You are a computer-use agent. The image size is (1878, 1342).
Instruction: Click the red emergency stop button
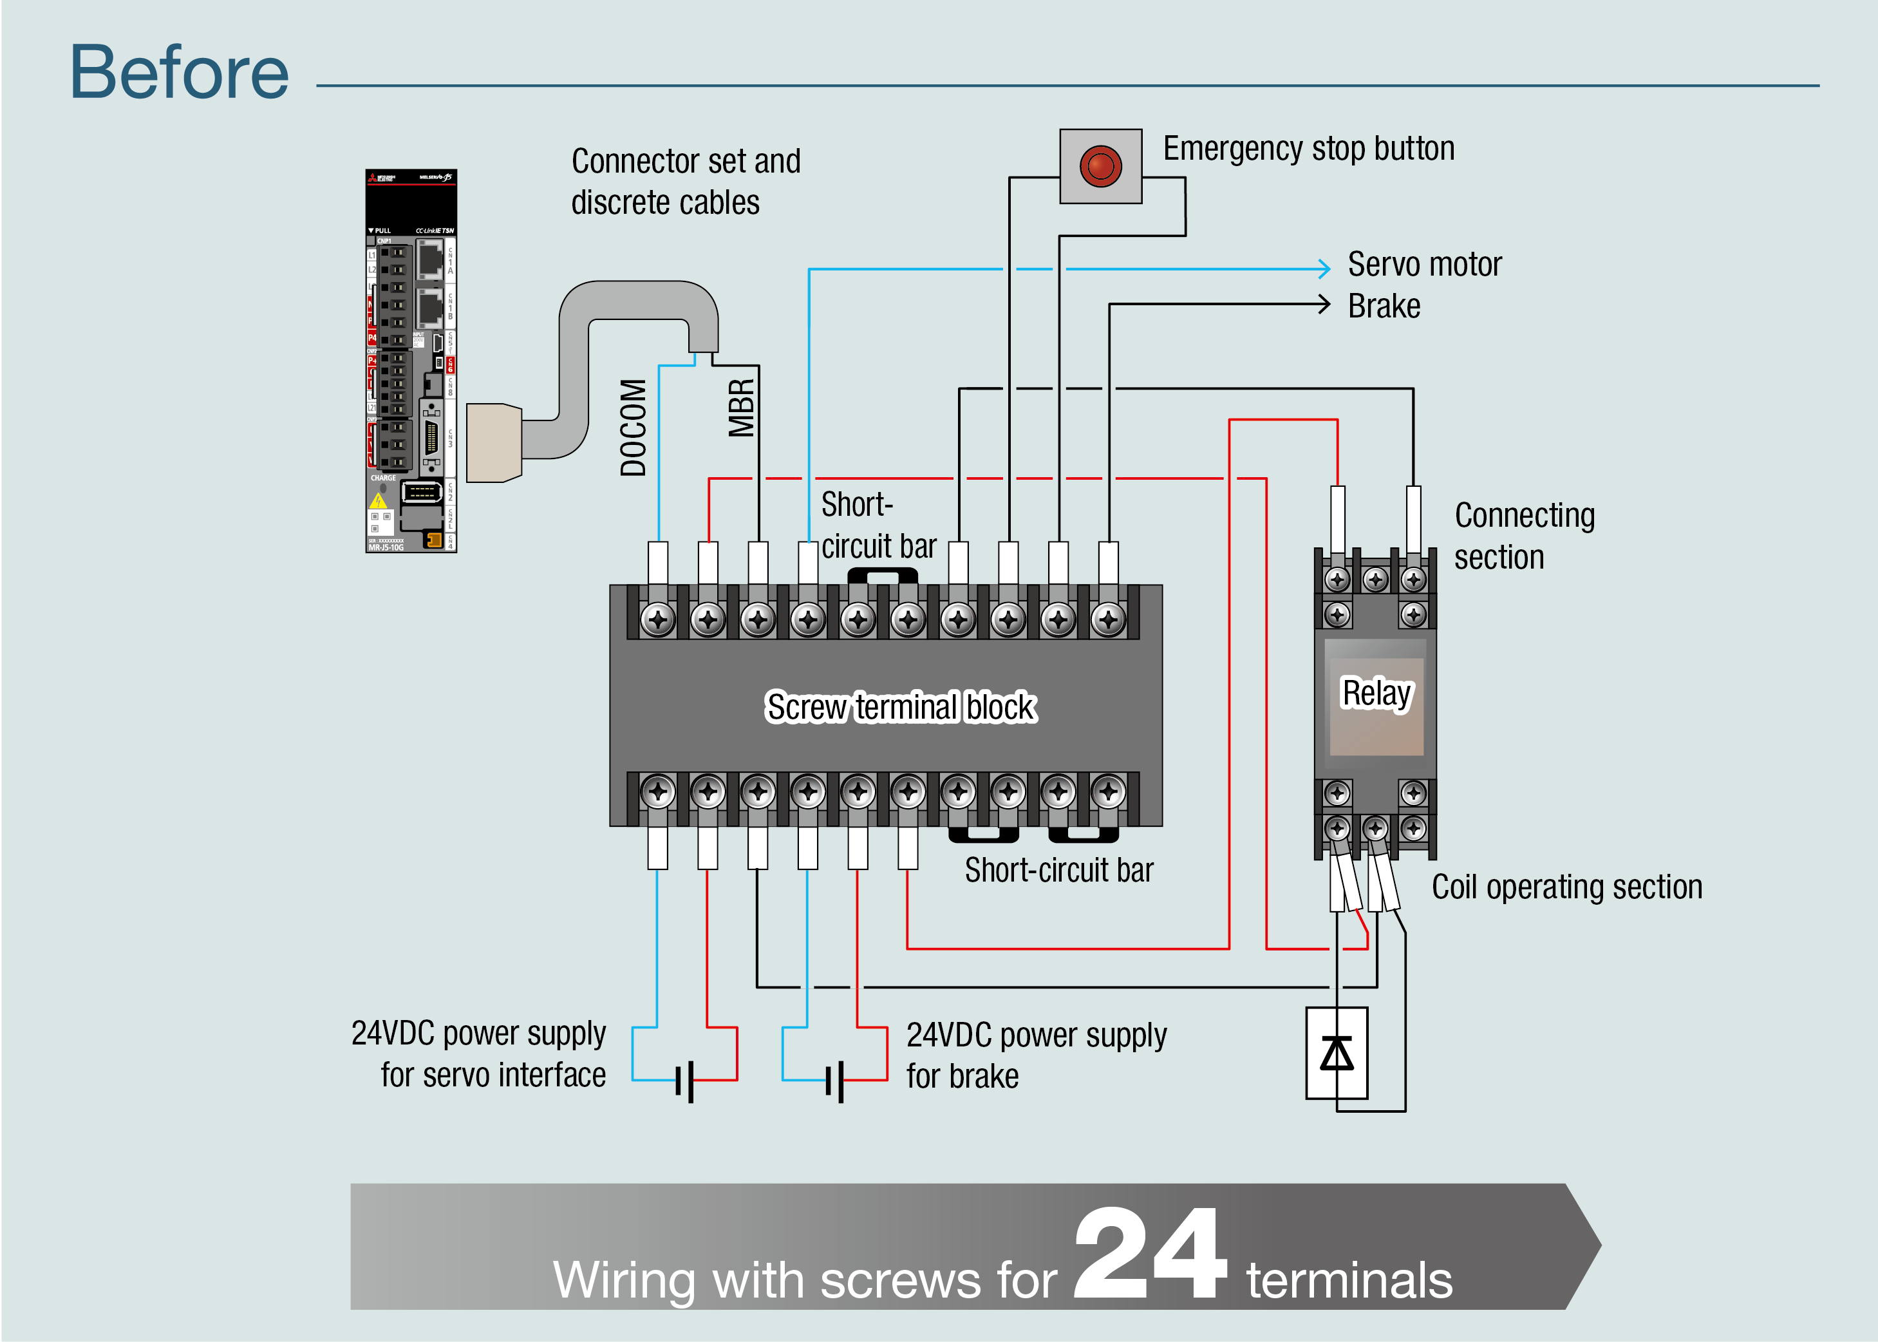(1100, 166)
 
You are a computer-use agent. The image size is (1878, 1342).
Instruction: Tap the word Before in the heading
(179, 73)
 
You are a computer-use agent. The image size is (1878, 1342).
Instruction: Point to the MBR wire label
(741, 408)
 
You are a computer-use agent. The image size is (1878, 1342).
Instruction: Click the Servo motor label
(1423, 265)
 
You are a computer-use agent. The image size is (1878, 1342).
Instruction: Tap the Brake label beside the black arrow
(1384, 307)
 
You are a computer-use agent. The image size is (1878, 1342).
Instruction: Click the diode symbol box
(1336, 1053)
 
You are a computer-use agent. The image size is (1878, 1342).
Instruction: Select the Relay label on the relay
(1376, 694)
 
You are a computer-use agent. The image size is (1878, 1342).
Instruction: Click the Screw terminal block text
(900, 707)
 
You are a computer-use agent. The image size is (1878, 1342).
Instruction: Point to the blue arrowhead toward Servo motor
(1324, 269)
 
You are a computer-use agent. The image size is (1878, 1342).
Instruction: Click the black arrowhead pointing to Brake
(1324, 304)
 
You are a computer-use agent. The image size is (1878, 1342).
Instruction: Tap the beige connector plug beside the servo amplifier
(493, 442)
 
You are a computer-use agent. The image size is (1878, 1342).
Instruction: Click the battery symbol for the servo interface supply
(684, 1081)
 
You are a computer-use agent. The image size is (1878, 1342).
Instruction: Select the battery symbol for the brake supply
(834, 1081)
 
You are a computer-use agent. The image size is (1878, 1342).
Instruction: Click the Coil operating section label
(1566, 887)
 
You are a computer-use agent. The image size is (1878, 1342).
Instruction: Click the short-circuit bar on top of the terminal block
(883, 574)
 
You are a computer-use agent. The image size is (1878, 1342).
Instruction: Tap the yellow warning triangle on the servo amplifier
(379, 501)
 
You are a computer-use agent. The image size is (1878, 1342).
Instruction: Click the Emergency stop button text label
(1308, 149)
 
